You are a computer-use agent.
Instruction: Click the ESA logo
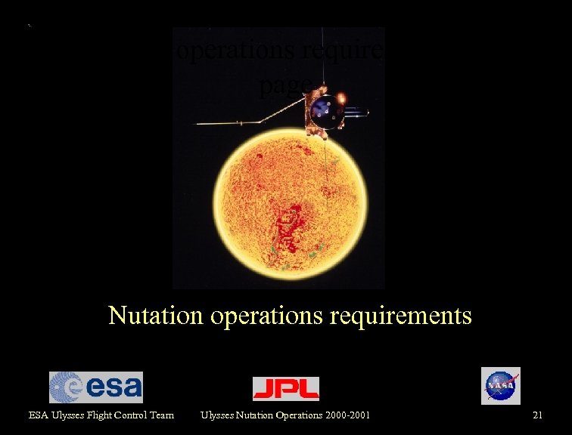click(x=95, y=387)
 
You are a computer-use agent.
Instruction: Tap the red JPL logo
click(x=285, y=388)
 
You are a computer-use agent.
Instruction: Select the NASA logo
click(x=500, y=386)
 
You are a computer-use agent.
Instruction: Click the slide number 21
click(x=538, y=415)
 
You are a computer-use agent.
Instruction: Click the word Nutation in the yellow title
click(x=156, y=315)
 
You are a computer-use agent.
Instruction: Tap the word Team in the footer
click(x=161, y=415)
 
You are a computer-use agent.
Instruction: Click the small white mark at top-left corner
click(x=29, y=26)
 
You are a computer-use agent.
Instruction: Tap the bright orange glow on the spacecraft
click(x=342, y=98)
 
